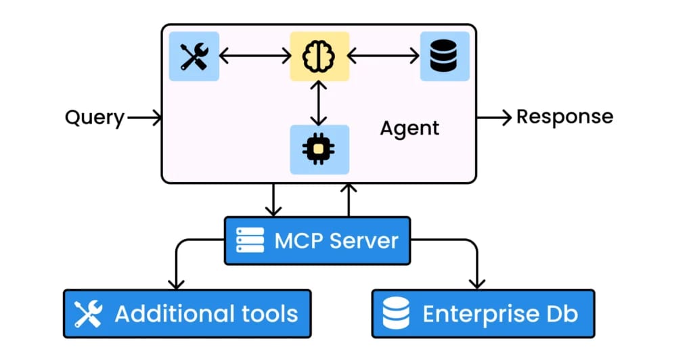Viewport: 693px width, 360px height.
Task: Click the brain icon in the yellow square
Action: pyautogui.click(x=319, y=56)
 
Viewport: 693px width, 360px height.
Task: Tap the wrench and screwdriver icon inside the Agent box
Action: pyautogui.click(x=194, y=56)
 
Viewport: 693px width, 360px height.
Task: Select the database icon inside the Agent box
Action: pyautogui.click(x=445, y=56)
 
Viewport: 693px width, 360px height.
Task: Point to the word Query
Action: pyautogui.click(x=95, y=118)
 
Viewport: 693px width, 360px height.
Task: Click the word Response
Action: pyautogui.click(x=564, y=116)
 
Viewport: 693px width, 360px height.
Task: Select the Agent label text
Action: pyautogui.click(x=409, y=128)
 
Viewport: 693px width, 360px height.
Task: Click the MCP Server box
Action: pyautogui.click(x=317, y=240)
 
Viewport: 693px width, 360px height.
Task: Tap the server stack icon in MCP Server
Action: pyautogui.click(x=250, y=240)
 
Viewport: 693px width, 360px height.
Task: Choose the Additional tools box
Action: pyautogui.click(x=187, y=313)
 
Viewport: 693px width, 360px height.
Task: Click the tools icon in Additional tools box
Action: pyautogui.click(x=88, y=314)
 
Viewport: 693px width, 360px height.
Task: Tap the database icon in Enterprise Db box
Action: pyautogui.click(x=396, y=314)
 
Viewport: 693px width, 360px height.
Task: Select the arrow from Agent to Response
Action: pyautogui.click(x=494, y=117)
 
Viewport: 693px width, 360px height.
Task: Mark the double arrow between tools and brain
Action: pyautogui.click(x=254, y=57)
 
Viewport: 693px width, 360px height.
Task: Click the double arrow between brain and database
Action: pyautogui.click(x=384, y=57)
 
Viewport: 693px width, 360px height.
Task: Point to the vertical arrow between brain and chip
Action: pyautogui.click(x=319, y=102)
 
